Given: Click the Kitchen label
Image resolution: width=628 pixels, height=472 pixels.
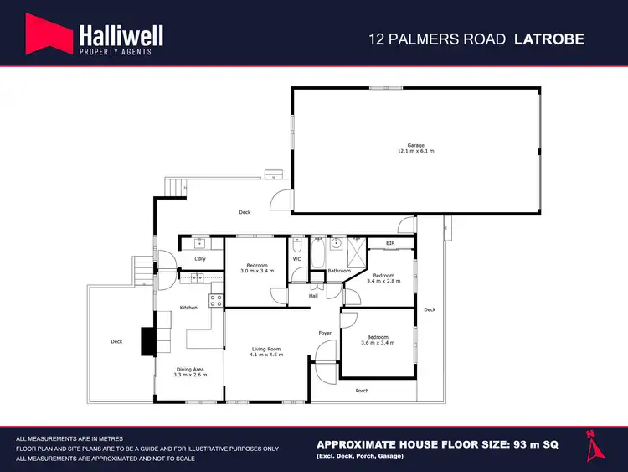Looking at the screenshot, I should [x=188, y=308].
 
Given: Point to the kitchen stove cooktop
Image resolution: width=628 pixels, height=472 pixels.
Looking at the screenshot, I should [x=215, y=298].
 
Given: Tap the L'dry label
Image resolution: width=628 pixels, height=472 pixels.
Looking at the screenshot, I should [x=199, y=259].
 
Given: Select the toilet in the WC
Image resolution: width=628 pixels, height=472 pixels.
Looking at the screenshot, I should [x=297, y=246].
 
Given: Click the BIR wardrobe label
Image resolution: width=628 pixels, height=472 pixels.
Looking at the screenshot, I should [x=390, y=243].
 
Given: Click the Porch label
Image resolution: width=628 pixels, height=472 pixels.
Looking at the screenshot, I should [x=362, y=391].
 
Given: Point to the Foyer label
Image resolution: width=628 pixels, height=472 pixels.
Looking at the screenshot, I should [x=325, y=333].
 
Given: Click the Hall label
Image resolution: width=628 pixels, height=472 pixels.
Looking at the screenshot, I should [x=313, y=295].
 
